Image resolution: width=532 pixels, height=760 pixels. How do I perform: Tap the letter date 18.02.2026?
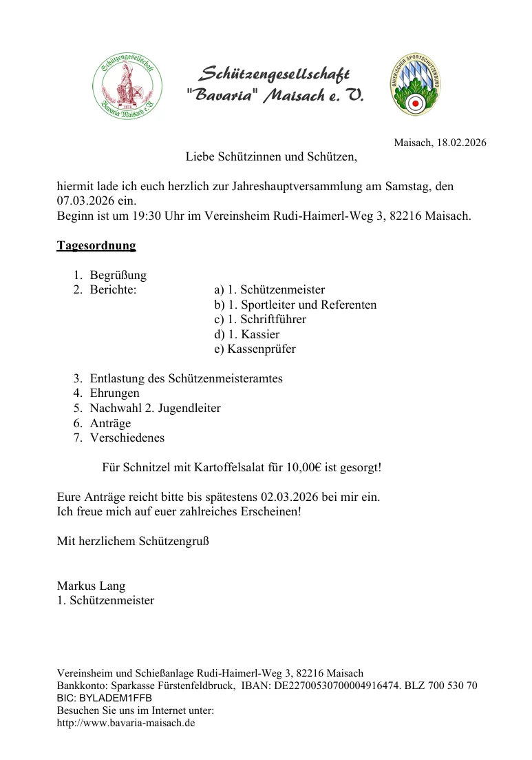coord(460,143)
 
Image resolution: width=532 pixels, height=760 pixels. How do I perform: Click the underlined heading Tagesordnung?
coord(96,245)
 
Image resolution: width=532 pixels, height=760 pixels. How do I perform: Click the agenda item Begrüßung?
coord(118,275)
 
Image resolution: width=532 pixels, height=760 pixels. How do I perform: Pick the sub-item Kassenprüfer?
coord(261,349)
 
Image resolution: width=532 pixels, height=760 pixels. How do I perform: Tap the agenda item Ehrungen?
coord(114,393)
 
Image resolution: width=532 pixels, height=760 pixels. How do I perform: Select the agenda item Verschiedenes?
coord(127,438)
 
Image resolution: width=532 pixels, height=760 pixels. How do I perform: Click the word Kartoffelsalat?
coord(227,467)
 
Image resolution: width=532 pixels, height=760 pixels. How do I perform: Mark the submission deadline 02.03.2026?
coord(292,497)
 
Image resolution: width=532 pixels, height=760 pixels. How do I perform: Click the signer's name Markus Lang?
coord(91,586)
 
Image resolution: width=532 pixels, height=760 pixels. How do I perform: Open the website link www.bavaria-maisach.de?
coord(126,723)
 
